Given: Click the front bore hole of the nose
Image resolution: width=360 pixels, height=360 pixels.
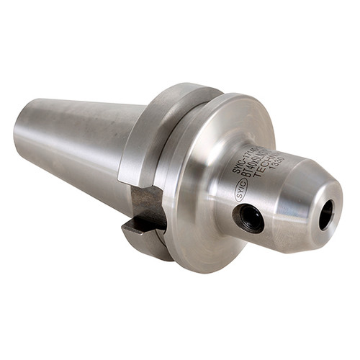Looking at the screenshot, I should pos(326,214).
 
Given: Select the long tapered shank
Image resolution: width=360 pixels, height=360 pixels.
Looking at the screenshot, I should pos(79,144).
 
